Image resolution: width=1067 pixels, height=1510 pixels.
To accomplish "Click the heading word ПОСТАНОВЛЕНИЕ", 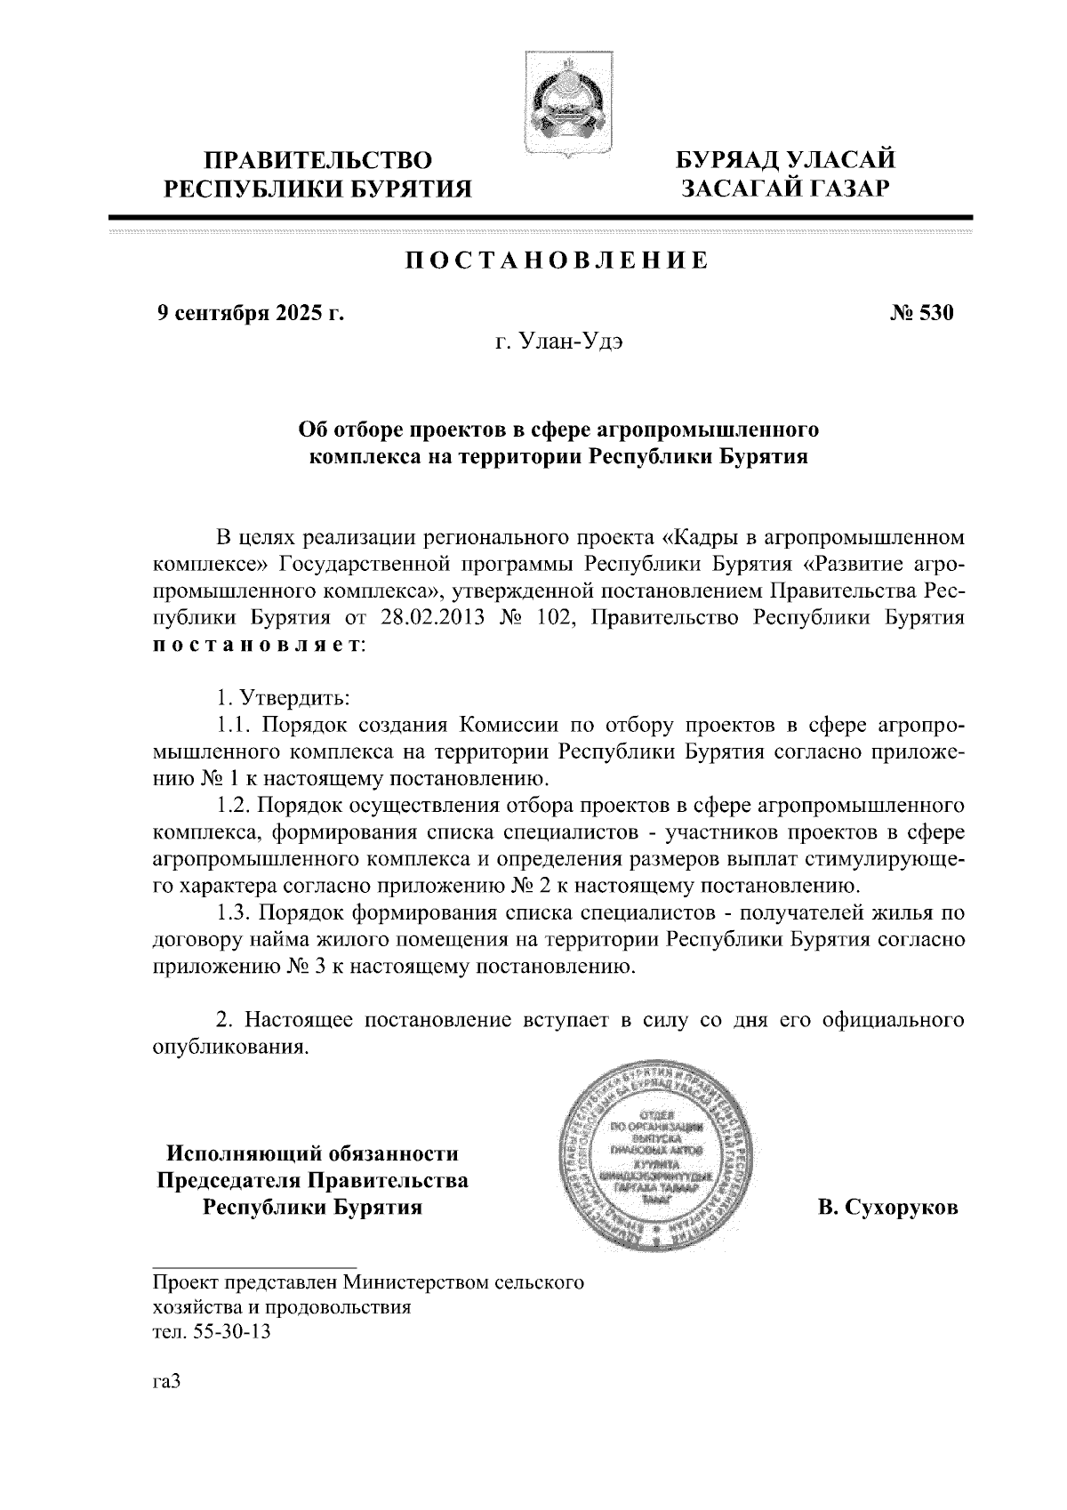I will click(x=557, y=261).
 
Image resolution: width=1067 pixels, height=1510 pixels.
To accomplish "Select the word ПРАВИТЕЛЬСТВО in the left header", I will click(x=319, y=161).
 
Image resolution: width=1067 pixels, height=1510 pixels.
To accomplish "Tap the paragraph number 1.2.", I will click(x=233, y=807).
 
